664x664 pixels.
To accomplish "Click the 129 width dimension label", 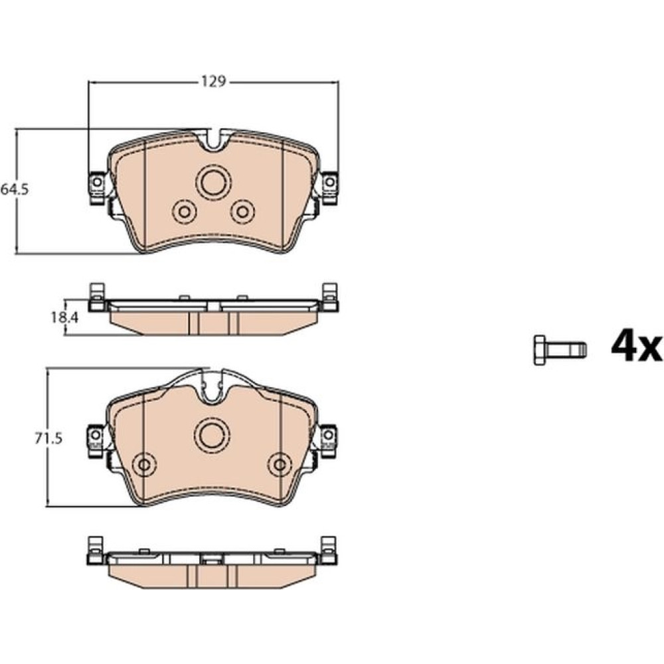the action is point(214,81).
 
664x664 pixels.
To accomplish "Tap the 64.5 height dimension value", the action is point(15,189).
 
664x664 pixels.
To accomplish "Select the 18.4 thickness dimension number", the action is point(65,317).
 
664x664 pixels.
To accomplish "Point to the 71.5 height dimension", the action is point(48,438).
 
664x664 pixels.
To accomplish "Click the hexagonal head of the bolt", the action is point(539,350).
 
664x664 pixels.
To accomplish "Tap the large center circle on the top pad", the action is point(213,181).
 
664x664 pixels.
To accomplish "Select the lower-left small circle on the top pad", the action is point(184,211).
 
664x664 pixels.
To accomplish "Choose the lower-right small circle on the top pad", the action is point(242,211).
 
